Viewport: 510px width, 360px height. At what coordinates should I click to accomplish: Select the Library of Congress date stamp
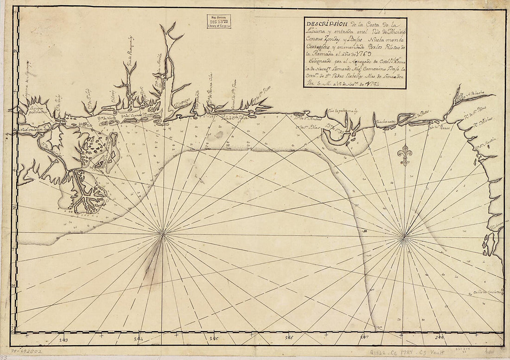click(x=220, y=21)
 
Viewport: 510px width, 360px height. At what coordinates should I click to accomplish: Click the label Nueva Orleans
click(x=32, y=130)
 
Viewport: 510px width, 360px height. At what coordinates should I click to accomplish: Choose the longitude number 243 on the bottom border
click(x=64, y=339)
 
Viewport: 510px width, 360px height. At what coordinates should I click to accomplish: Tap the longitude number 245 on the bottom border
click(x=214, y=339)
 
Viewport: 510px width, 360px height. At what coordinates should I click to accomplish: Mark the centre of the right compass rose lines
click(x=404, y=237)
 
